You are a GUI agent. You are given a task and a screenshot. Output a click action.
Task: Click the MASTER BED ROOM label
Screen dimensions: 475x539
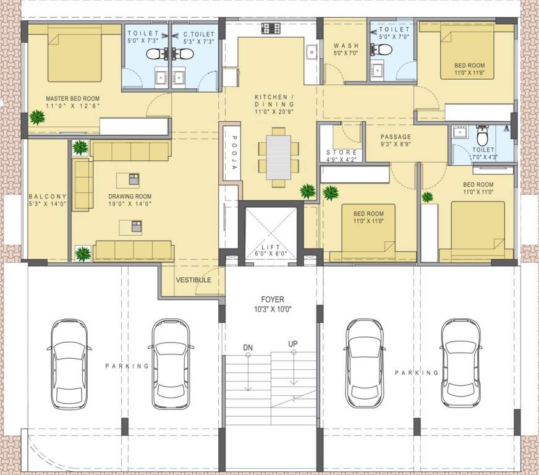72,98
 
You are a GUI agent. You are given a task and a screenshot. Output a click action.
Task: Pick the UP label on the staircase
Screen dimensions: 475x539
293,343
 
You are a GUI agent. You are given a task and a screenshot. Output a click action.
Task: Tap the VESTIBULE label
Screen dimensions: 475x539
193,280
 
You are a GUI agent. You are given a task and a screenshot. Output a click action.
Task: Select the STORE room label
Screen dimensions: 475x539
341,152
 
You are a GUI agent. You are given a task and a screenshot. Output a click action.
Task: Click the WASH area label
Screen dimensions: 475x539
342,46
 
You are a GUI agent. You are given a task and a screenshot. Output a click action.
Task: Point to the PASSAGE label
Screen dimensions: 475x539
396,137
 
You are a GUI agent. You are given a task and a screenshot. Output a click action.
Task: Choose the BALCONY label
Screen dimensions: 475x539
48,197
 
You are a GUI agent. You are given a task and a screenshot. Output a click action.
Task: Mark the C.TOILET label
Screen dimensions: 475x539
198,34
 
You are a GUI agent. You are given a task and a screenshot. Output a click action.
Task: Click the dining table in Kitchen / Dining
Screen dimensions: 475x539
278,157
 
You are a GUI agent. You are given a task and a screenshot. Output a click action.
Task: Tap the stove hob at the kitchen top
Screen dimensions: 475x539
271,28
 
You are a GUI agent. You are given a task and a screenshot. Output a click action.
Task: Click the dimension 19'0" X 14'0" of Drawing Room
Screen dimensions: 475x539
130,204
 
